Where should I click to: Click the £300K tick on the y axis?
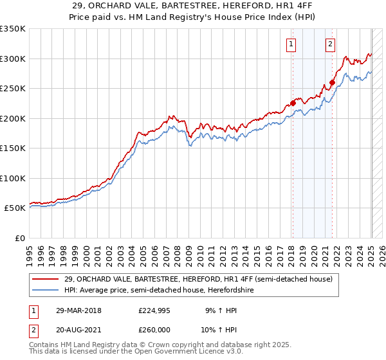point(13,59)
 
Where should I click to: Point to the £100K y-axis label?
point(13,178)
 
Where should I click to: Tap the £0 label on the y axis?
point(19,238)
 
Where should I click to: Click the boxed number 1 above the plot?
point(291,44)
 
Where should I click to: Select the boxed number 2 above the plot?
point(330,44)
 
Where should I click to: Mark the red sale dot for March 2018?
point(293,103)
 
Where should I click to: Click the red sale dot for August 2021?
point(332,82)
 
